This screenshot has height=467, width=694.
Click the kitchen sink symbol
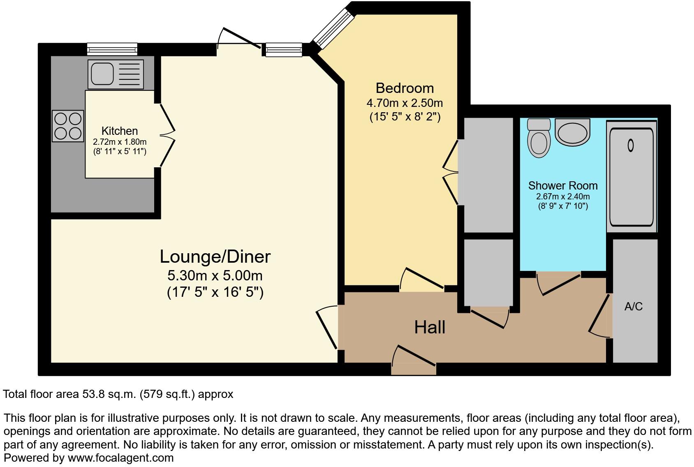coord(116,74)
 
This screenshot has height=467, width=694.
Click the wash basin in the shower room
coord(572,132)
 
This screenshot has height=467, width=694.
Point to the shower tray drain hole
coord(631,145)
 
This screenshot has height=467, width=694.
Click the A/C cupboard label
coord(633,306)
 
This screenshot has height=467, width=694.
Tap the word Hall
coord(430,327)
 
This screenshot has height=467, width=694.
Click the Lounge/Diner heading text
coord(215,257)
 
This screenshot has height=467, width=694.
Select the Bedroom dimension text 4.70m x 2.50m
coord(405,103)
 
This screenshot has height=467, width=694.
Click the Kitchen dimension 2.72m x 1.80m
coord(120,142)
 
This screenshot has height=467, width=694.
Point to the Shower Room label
coord(562,185)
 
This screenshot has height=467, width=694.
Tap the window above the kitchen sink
coord(112,49)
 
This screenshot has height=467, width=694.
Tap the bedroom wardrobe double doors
coord(451,172)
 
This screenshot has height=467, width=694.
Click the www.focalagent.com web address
coord(120,458)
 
